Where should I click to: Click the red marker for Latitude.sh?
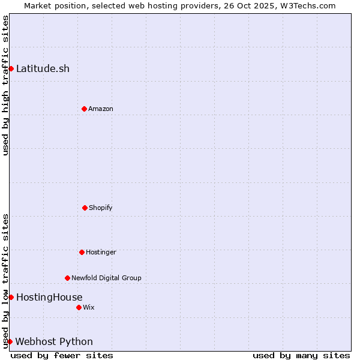click(11, 68)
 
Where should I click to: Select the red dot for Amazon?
click(84, 109)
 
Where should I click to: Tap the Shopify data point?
click(85, 208)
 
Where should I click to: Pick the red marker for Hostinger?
click(82, 252)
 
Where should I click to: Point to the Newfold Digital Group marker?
click(67, 278)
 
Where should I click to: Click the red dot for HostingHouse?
click(11, 297)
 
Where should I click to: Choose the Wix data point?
click(79, 307)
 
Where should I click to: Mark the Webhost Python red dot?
click(10, 341)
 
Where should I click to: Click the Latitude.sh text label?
click(43, 68)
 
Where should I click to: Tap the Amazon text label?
click(101, 109)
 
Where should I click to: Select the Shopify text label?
click(101, 208)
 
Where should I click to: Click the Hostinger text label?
click(101, 252)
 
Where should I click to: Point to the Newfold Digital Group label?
click(106, 278)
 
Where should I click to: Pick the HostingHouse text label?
click(49, 297)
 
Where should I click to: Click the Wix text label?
click(89, 307)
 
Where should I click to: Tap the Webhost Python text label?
click(54, 341)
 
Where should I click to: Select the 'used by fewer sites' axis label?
click(62, 355)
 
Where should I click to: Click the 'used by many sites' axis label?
click(301, 355)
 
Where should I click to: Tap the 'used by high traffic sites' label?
click(5, 85)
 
